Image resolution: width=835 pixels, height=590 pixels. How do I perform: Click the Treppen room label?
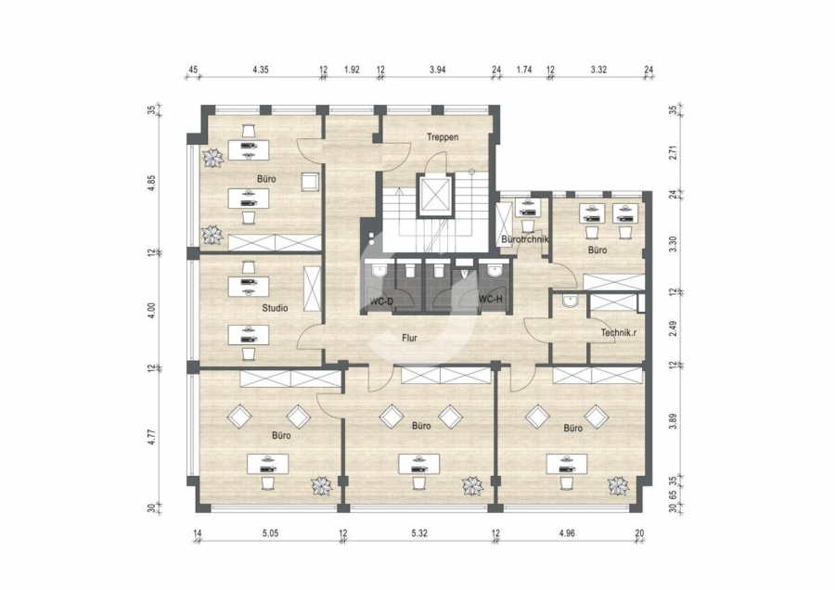point(443,137)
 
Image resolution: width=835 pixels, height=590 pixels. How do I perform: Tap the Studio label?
point(275,308)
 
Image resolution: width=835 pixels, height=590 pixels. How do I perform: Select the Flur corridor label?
point(409,338)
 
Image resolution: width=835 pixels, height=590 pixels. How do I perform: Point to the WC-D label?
point(382,301)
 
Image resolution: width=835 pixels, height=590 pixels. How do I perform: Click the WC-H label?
point(491,300)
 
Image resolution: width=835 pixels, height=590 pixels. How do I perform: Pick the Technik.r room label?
point(619,333)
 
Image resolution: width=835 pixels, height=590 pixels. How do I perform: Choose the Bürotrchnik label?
point(525,239)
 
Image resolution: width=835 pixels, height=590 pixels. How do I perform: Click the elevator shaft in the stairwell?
point(435,195)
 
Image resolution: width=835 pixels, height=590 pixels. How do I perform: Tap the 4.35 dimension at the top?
point(261,70)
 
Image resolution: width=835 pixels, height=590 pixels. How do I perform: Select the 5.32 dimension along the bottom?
point(419,532)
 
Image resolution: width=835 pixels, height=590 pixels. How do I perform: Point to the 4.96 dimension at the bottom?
point(568,532)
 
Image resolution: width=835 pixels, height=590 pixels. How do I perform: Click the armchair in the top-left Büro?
point(309,182)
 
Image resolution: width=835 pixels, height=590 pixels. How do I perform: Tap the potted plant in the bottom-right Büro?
point(619,485)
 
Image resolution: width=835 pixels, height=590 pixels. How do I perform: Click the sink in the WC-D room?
point(379,270)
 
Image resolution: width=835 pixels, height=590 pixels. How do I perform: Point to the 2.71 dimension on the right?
point(674,153)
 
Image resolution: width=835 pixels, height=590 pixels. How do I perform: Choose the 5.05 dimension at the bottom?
point(271,532)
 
